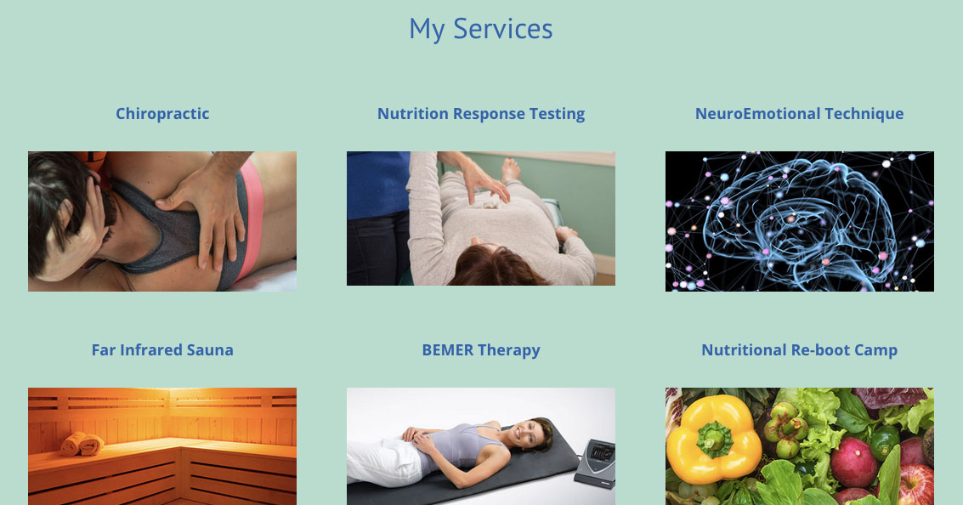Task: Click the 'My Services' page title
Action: tap(481, 30)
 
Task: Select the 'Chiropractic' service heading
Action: tap(162, 114)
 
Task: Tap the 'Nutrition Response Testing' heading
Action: tap(481, 114)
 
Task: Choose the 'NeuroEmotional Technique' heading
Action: tap(799, 114)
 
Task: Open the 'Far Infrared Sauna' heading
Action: tap(162, 350)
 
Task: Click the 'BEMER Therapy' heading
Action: tap(481, 350)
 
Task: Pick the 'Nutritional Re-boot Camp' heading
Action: tap(799, 350)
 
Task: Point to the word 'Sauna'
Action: tap(210, 350)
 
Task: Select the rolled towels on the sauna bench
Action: tap(82, 444)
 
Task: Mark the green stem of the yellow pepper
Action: tap(715, 439)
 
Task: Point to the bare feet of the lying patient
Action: tap(509, 169)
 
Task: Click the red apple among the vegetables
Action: tap(916, 485)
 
